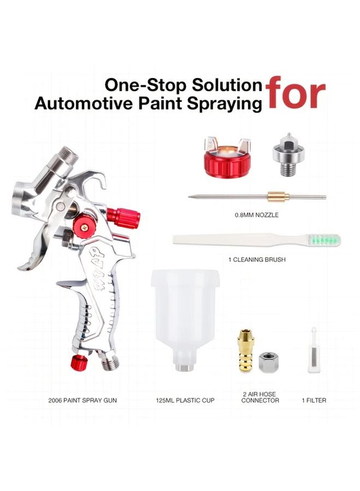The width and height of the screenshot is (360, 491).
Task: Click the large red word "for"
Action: coord(296,93)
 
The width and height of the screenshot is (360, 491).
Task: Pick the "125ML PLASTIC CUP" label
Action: coord(186,400)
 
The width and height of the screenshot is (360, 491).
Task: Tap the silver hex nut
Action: coord(269,361)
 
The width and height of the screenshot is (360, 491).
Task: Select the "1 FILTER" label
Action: coord(314,400)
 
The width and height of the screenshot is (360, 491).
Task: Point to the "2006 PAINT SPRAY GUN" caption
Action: coord(82,400)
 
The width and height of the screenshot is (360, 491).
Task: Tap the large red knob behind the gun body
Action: coord(124,218)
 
